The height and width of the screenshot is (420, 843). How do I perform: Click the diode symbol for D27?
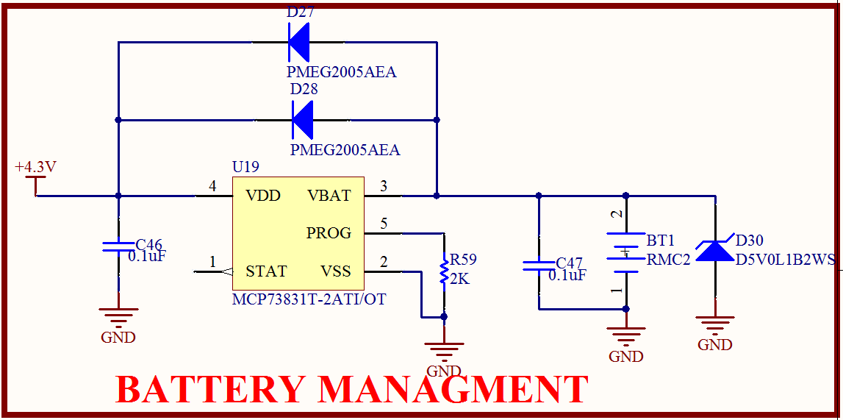(x=298, y=42)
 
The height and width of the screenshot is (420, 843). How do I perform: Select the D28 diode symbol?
(x=302, y=119)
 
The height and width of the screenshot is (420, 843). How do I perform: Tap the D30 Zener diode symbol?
(x=714, y=250)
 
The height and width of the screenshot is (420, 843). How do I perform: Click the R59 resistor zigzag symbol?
(x=444, y=271)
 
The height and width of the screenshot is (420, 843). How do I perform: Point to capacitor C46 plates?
(x=118, y=246)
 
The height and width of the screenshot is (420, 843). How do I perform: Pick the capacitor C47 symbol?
(x=539, y=265)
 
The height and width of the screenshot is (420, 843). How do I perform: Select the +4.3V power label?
(x=35, y=168)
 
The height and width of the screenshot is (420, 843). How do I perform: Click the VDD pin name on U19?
(x=263, y=196)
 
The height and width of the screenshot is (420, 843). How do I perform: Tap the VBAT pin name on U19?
(x=329, y=196)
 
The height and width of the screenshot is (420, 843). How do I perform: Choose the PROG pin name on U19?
(x=329, y=233)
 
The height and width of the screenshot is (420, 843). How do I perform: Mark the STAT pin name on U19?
(x=266, y=271)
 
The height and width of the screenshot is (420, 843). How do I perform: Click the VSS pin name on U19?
(x=336, y=271)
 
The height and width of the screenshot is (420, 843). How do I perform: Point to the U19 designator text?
(x=245, y=168)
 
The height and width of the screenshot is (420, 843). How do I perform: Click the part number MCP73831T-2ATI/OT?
(x=309, y=299)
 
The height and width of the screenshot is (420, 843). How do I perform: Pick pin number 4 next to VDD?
(x=212, y=187)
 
